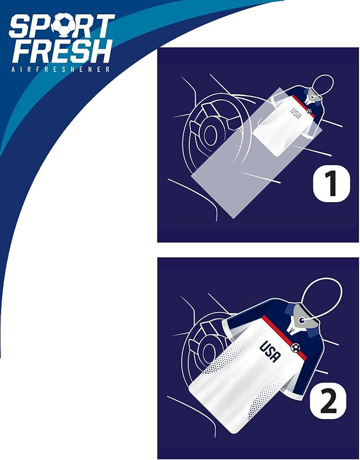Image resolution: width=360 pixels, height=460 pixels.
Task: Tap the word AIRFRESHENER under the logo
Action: [60, 70]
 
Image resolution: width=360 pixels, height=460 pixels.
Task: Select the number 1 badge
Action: [331, 184]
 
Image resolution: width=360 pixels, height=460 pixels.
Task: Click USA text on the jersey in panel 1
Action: [296, 113]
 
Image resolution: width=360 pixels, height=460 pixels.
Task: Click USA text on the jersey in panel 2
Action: [270, 351]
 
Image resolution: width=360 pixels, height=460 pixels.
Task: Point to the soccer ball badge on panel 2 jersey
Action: [295, 348]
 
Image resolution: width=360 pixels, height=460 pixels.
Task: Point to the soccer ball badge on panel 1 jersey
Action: [309, 111]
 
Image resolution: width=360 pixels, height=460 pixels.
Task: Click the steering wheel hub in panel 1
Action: [209, 134]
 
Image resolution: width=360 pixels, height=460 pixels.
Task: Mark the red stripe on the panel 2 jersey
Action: [284, 337]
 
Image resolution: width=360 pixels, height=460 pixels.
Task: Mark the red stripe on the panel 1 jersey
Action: [303, 106]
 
